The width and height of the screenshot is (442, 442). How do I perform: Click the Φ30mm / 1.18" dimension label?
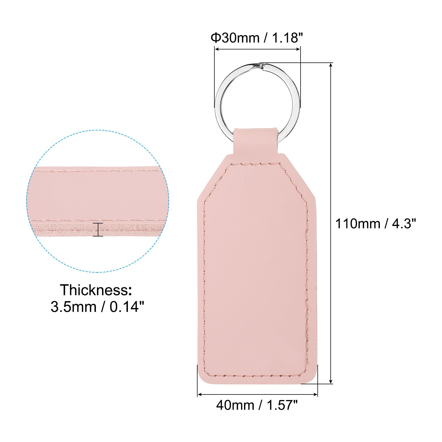[x=255, y=38]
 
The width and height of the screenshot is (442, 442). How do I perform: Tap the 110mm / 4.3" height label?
[x=376, y=223]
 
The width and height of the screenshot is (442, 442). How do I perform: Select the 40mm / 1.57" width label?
[x=257, y=405]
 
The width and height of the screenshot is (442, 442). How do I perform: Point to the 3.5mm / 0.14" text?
[x=98, y=307]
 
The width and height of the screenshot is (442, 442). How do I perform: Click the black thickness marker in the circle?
[x=98, y=229]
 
